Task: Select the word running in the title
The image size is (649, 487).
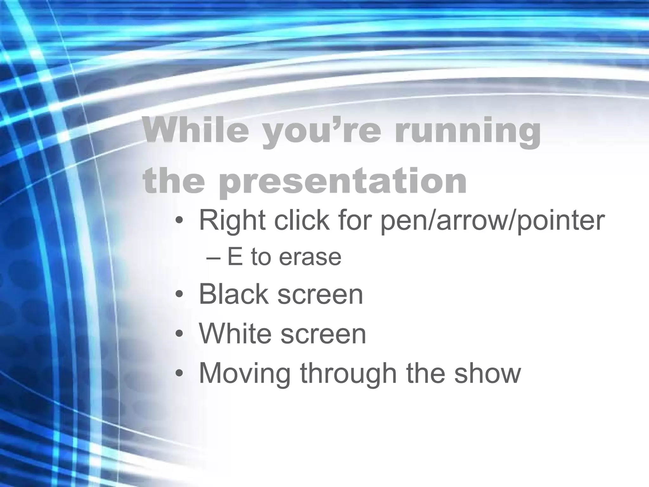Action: [x=467, y=133]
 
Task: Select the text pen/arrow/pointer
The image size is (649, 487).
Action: [x=492, y=221]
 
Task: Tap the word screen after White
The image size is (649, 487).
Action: [x=323, y=335]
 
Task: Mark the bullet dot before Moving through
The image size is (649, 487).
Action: [x=179, y=373]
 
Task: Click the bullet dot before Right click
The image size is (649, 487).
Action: [x=179, y=221]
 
